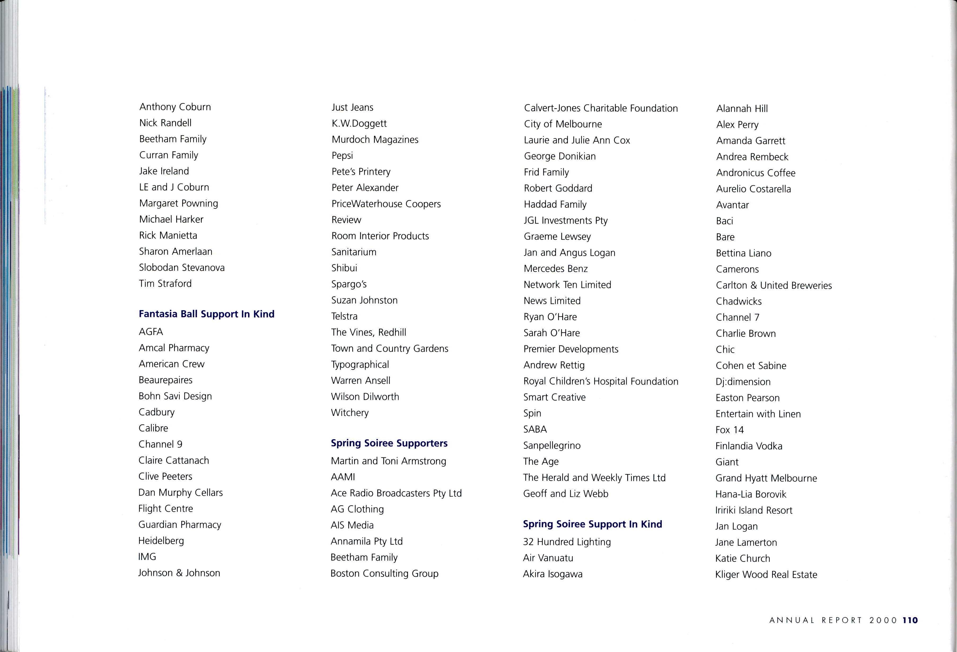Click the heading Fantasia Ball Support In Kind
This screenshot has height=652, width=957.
[206, 314]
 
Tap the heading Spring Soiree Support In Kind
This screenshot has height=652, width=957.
[592, 524]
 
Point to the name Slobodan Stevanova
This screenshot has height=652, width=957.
[182, 267]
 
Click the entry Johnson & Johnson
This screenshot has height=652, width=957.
[179, 573]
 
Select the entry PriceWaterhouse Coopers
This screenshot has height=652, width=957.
[386, 204]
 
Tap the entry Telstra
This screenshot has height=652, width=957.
[344, 316]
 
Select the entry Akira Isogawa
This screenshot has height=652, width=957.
[553, 574]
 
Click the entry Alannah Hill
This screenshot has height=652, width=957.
[742, 109]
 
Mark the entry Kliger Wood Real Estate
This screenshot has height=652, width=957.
[766, 575]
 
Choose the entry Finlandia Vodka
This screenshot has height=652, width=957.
[749, 446]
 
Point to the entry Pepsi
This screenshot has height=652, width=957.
[342, 156]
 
